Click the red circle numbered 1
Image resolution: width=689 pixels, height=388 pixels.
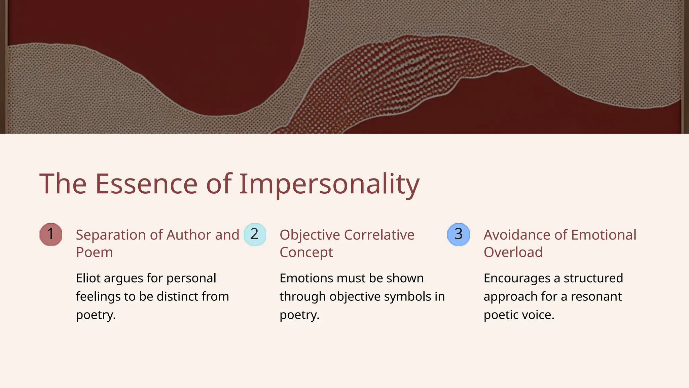pyautogui.click(x=51, y=234)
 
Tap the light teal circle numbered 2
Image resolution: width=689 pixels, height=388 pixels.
pyautogui.click(x=255, y=234)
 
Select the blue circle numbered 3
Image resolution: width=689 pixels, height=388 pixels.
pyautogui.click(x=459, y=234)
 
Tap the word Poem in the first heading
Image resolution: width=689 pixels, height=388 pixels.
pyautogui.click(x=94, y=252)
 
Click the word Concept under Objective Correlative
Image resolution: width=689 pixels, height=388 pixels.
pyautogui.click(x=306, y=252)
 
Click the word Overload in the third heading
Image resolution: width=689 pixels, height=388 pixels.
pyautogui.click(x=513, y=252)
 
